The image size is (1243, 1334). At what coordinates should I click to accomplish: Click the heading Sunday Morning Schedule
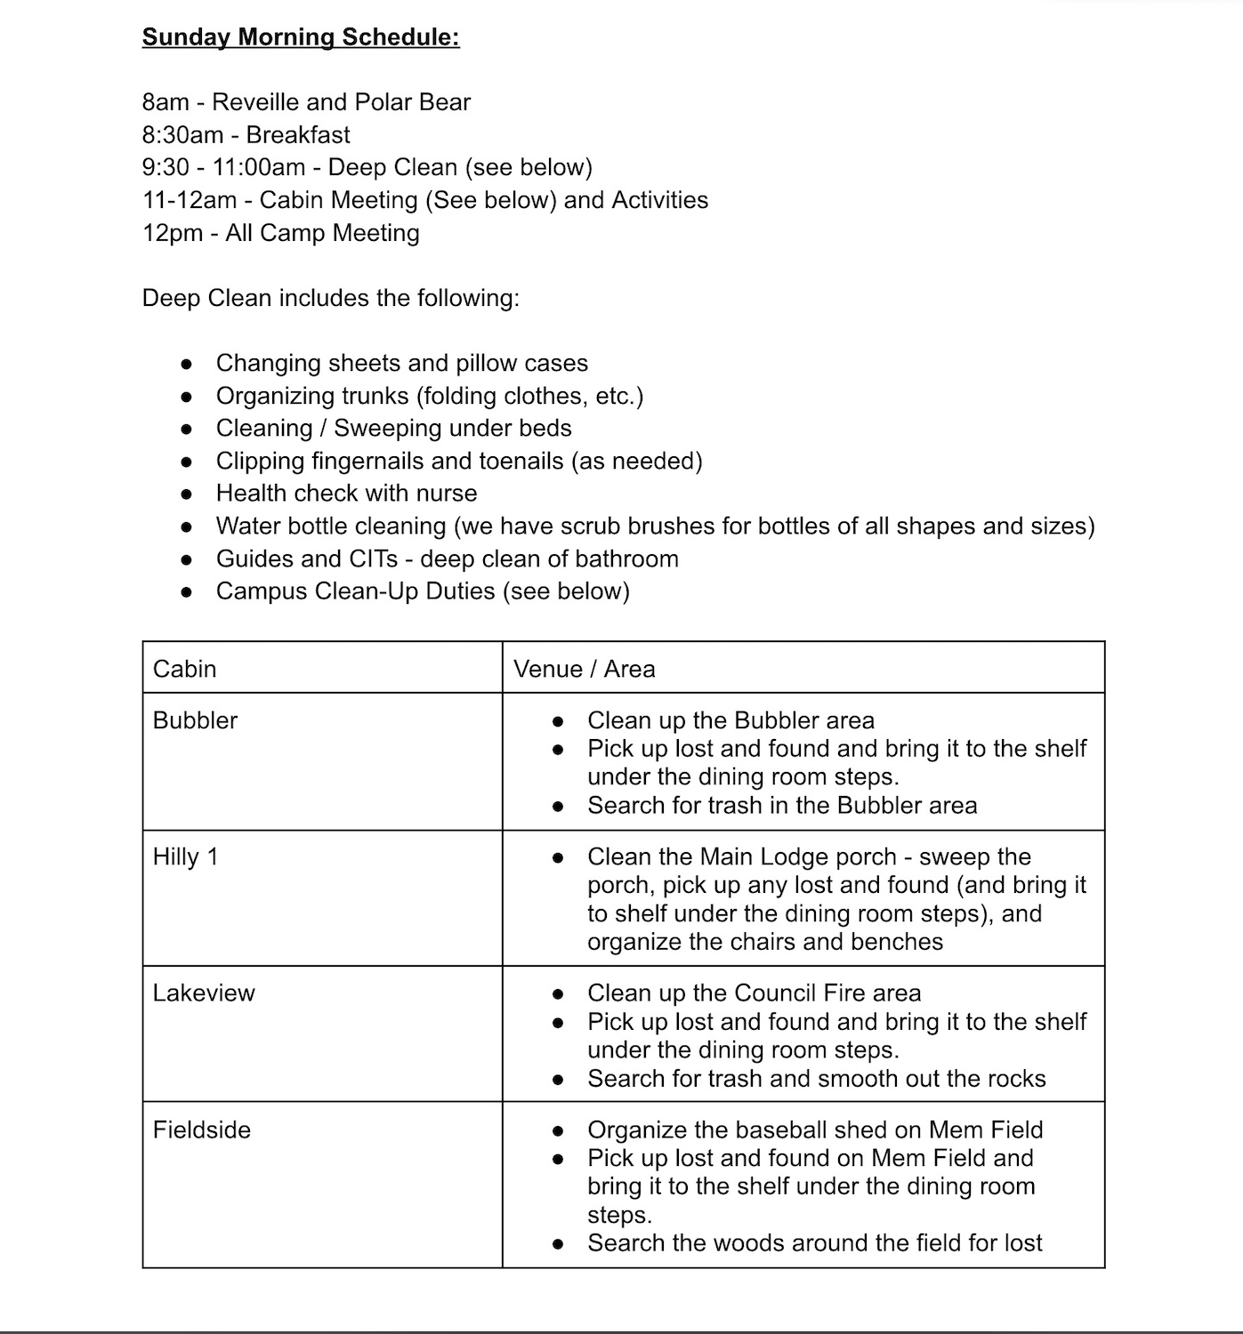[x=301, y=37]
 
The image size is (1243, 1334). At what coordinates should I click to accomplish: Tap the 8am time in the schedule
[x=165, y=102]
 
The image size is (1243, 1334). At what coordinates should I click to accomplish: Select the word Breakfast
[x=298, y=135]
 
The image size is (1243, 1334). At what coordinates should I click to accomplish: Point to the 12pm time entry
[x=172, y=233]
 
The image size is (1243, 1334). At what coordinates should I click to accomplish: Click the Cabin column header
[x=185, y=669]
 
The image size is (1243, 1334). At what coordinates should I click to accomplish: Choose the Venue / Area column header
[x=585, y=669]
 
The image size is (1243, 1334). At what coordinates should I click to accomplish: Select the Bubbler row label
[x=195, y=720]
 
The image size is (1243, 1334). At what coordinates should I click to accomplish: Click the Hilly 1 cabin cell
[x=185, y=857]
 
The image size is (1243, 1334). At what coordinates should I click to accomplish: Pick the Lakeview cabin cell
[x=204, y=993]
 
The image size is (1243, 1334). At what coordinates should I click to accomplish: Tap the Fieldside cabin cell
[x=202, y=1130]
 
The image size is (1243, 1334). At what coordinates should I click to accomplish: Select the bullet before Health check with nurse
[x=186, y=494]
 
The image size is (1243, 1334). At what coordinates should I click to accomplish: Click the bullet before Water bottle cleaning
[x=186, y=526]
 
